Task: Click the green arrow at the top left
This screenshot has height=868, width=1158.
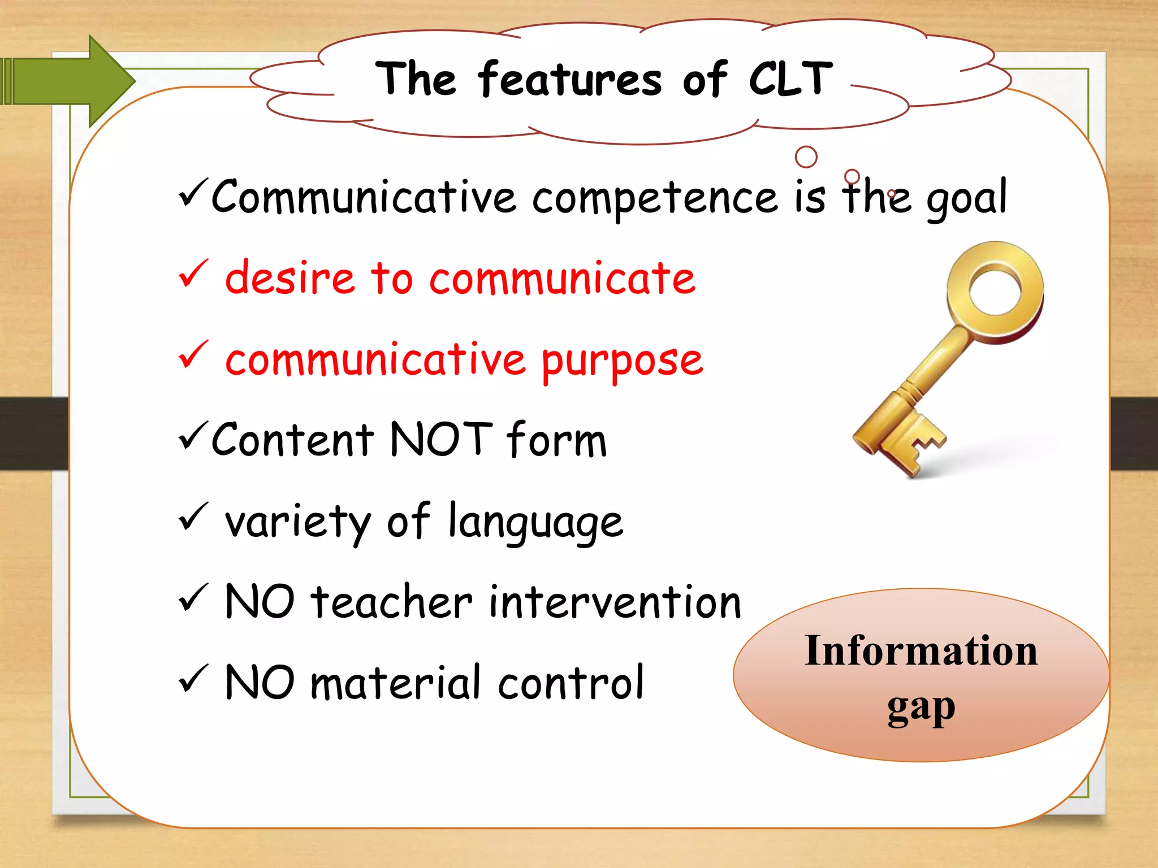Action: [74, 81]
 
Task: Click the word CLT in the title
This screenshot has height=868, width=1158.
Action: [790, 79]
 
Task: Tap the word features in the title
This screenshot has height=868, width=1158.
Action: [569, 80]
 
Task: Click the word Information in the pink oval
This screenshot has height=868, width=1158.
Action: [921, 651]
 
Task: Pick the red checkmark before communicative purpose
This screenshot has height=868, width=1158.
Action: [193, 354]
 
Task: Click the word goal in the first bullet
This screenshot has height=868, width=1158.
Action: [966, 198]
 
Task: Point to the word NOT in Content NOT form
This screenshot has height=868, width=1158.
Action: [441, 439]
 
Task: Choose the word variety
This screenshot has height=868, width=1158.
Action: [297, 522]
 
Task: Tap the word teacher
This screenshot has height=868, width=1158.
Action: [391, 602]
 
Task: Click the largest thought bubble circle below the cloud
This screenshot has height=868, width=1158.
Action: [806, 157]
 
